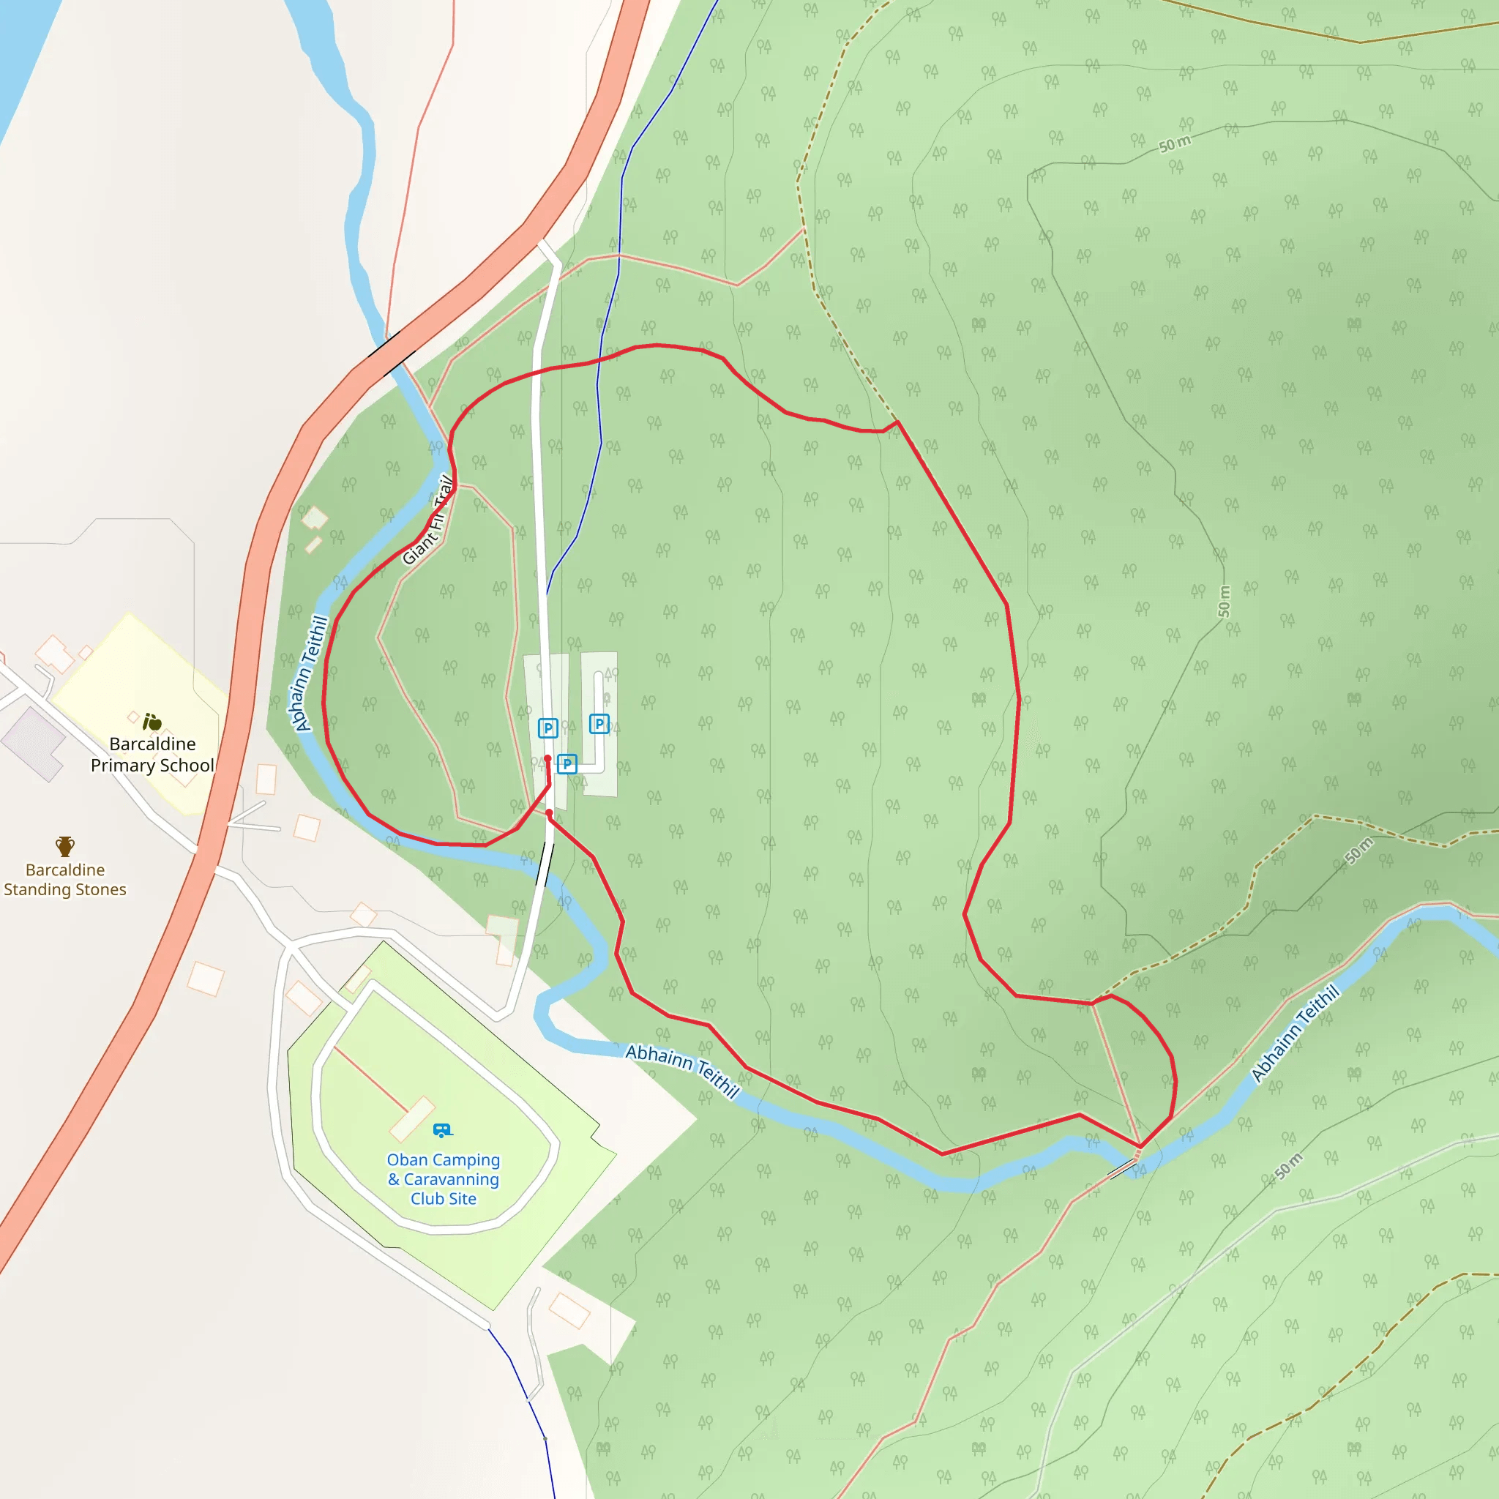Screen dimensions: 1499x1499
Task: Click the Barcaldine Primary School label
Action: point(152,754)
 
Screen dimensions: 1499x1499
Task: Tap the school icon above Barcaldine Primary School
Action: point(152,722)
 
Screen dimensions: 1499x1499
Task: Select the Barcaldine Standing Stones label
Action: point(65,879)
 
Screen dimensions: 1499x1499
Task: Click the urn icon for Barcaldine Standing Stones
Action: point(65,845)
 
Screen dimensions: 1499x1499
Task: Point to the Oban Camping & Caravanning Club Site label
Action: point(443,1178)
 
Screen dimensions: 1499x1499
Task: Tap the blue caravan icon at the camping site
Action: point(442,1130)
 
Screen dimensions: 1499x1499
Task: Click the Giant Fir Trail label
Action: point(429,520)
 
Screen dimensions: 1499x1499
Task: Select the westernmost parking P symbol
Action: point(547,728)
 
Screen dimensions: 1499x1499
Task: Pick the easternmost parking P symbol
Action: point(599,724)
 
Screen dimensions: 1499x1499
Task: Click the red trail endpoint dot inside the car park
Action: point(547,759)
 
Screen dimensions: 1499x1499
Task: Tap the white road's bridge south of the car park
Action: point(545,864)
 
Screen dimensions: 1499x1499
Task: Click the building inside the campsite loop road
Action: point(411,1118)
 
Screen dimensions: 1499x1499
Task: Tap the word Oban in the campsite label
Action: point(408,1160)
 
